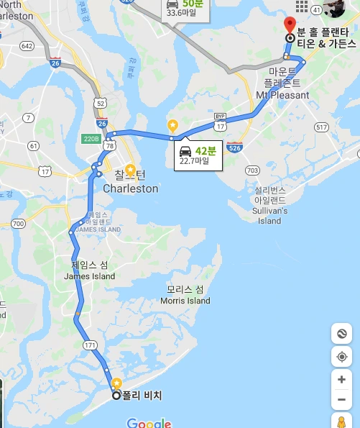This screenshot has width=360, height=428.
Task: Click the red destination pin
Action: (x=290, y=25)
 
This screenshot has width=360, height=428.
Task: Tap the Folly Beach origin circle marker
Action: (x=116, y=395)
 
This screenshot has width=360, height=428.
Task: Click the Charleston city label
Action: (x=130, y=188)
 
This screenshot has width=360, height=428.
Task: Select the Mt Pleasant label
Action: (x=282, y=95)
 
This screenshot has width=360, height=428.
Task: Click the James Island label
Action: (x=89, y=276)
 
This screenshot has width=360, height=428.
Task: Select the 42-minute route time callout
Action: (x=197, y=155)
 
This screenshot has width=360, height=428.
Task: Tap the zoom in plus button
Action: (x=341, y=379)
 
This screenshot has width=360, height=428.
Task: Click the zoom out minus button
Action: (x=341, y=400)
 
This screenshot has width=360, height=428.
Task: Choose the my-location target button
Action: (x=341, y=357)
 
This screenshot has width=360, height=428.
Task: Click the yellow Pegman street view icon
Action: (x=341, y=422)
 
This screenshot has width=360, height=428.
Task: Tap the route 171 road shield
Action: (x=90, y=346)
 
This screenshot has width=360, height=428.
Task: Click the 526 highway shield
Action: (x=234, y=147)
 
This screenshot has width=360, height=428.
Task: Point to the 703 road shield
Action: (x=251, y=170)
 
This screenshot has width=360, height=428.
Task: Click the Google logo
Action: (x=149, y=423)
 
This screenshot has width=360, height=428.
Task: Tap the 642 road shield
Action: (x=27, y=46)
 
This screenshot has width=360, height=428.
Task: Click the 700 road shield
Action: (x=18, y=224)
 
